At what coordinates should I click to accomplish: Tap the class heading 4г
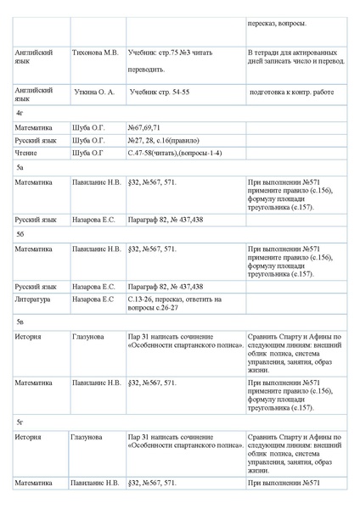click(x=20, y=112)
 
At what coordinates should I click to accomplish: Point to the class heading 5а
click(x=20, y=168)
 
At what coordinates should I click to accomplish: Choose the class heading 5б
click(x=20, y=232)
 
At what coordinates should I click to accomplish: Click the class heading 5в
click(x=20, y=322)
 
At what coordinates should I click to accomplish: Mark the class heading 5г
click(x=20, y=422)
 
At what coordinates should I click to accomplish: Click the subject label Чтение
click(x=26, y=153)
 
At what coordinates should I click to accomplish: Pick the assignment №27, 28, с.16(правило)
click(x=166, y=140)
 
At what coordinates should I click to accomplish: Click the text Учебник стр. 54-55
click(x=159, y=89)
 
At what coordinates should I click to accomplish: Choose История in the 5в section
click(x=29, y=337)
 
